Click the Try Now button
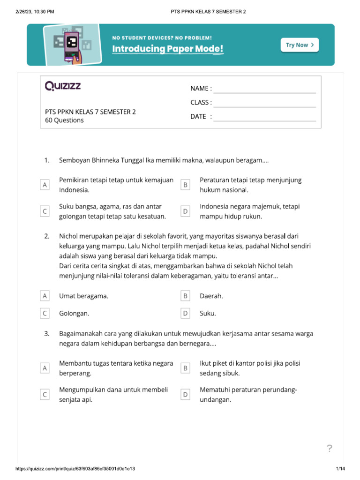300,45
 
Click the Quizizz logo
63,86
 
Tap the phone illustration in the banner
72,45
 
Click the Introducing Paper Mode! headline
168,49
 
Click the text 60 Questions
64,120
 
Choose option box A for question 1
45,185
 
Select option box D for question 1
186,212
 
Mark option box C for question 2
45,313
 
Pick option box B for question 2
186,296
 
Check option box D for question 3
186,395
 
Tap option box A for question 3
45,368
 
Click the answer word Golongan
74,313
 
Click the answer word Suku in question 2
208,313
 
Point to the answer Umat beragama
83,296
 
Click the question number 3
47,334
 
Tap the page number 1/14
340,469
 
